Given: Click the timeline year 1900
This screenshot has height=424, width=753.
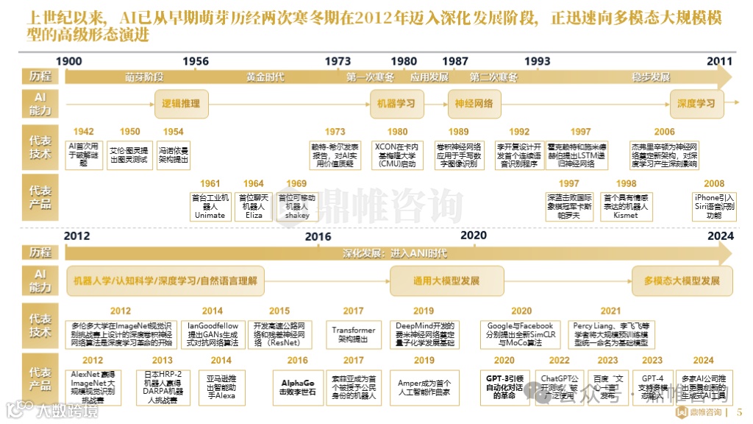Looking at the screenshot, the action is pyautogui.click(x=69, y=62).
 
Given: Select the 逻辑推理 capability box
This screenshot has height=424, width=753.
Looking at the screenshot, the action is pyautogui.click(x=181, y=104).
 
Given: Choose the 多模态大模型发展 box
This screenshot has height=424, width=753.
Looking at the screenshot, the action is pyautogui.click(x=682, y=281).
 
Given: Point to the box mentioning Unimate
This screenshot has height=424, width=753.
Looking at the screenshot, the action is pyautogui.click(x=210, y=206).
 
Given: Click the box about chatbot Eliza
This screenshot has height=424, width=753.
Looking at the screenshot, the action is pyautogui.click(x=254, y=206).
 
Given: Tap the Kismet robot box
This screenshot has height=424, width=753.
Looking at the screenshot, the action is pyautogui.click(x=626, y=206).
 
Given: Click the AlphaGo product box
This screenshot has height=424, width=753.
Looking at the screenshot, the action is pyautogui.click(x=298, y=387).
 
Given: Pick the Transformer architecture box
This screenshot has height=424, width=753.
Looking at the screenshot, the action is pyautogui.click(x=353, y=335).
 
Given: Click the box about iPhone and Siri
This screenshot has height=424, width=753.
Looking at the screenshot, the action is pyautogui.click(x=714, y=206).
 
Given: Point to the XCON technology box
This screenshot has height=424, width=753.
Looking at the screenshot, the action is pyautogui.click(x=397, y=155).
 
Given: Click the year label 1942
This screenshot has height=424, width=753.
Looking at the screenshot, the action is pyautogui.click(x=84, y=132).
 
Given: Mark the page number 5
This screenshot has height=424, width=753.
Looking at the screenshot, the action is pyautogui.click(x=739, y=411).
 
